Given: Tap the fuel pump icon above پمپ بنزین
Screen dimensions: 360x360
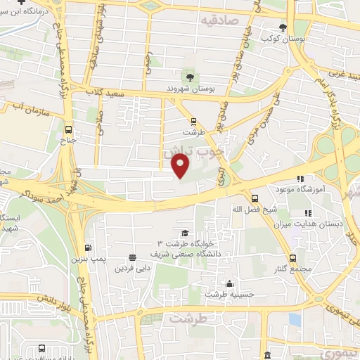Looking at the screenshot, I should pyautogui.click(x=87, y=247).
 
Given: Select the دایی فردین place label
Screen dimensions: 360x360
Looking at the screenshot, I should pyautogui.click(x=131, y=267).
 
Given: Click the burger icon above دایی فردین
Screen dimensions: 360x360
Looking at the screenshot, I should pyautogui.click(x=132, y=257).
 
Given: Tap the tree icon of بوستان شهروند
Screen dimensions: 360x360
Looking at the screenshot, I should pyautogui.click(x=188, y=77).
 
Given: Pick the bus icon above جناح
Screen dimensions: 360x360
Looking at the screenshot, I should pyautogui.click(x=68, y=129).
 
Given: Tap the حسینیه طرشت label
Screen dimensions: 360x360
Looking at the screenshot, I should pyautogui.click(x=228, y=295).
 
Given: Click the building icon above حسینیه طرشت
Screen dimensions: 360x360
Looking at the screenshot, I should pyautogui.click(x=229, y=285).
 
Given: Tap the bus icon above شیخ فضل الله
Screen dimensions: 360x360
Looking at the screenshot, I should pyautogui.click(x=255, y=198).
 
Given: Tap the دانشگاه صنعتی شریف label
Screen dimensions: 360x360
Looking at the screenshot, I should pyautogui.click(x=186, y=252).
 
